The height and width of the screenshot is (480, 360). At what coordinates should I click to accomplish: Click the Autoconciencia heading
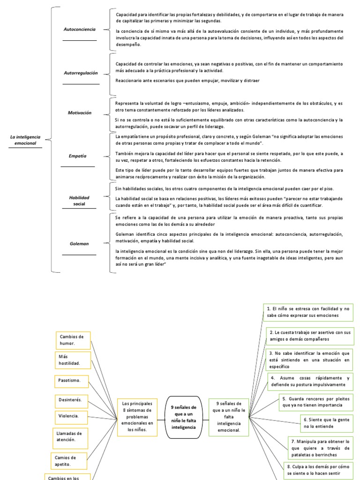click(x=79, y=29)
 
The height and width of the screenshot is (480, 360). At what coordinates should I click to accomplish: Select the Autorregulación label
click(x=81, y=73)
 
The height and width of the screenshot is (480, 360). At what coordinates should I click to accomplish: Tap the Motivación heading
click(x=79, y=113)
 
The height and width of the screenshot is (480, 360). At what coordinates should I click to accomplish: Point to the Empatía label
click(x=77, y=156)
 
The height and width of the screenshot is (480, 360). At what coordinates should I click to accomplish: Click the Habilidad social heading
click(x=79, y=201)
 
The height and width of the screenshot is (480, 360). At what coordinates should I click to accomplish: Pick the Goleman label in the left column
click(x=79, y=244)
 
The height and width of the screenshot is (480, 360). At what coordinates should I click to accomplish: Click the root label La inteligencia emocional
click(x=25, y=139)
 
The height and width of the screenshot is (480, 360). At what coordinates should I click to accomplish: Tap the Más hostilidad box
click(x=73, y=360)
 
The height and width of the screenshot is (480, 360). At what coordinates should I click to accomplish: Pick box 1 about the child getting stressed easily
click(x=308, y=312)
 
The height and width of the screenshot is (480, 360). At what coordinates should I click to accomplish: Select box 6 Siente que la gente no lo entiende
click(x=326, y=423)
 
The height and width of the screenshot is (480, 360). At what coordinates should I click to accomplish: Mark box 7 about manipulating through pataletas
click(x=321, y=448)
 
